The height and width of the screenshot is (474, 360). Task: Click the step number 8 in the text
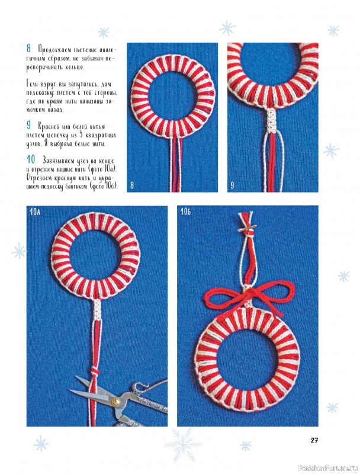tap(29, 49)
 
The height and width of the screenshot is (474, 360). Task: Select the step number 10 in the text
tap(31, 159)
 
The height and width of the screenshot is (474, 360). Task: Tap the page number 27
tap(314, 440)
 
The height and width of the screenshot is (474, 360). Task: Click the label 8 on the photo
tap(131, 185)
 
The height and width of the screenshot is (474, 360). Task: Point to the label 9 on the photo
tap(232, 185)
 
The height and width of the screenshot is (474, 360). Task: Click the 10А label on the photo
tap(35, 212)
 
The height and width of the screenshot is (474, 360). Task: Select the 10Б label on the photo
tap(185, 212)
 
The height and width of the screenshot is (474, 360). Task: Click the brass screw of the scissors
tap(115, 402)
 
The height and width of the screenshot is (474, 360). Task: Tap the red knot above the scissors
tap(95, 371)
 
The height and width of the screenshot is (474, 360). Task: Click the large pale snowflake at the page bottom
tap(183, 445)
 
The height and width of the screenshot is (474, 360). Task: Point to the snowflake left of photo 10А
tap(19, 251)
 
